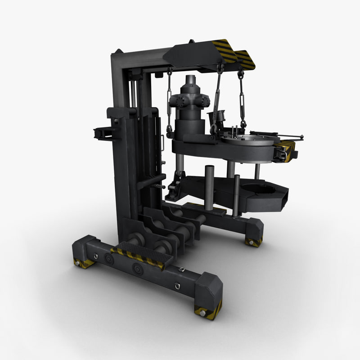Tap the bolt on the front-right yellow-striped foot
[203, 311]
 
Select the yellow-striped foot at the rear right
[253, 242]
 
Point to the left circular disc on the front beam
[108, 258]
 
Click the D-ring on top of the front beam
[182, 270]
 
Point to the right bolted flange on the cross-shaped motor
[205, 101]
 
